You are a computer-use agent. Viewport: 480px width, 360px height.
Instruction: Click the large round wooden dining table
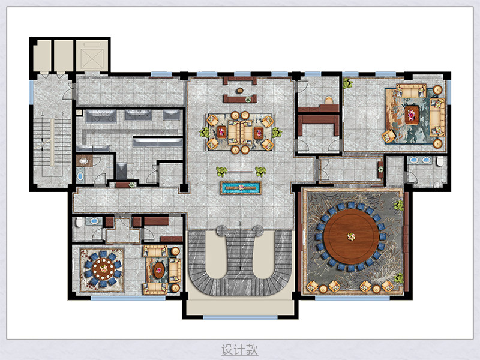tap(351, 236)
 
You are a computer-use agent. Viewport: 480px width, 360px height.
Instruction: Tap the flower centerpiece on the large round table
tap(351, 236)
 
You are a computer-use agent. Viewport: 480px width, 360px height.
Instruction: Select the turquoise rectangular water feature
tap(241, 188)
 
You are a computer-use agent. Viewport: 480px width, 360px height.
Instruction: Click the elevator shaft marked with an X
tap(92, 56)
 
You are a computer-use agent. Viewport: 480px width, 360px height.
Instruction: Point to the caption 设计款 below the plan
tap(239, 350)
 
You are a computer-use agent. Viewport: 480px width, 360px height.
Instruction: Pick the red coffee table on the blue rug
tap(412, 115)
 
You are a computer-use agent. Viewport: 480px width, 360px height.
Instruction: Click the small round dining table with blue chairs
tap(103, 269)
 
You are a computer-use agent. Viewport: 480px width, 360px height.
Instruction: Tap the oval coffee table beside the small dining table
tap(159, 270)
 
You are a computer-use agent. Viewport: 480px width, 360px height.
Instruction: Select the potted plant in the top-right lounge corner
tap(347, 83)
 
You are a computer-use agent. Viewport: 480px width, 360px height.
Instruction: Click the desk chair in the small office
tap(329, 100)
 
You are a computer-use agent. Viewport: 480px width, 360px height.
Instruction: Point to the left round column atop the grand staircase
tap(222, 230)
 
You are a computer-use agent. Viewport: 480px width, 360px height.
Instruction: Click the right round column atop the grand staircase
tap(258, 230)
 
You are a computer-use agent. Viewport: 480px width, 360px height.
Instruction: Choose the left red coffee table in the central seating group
tap(221, 132)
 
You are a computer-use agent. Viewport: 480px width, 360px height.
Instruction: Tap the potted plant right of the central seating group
tap(277, 133)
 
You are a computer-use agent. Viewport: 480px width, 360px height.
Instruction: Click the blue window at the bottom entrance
tap(241, 317)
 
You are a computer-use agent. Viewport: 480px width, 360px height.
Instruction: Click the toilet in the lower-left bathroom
tap(79, 222)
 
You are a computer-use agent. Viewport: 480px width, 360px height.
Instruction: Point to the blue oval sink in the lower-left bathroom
tap(94, 221)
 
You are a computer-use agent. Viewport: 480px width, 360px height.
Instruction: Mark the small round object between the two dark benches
tap(239, 91)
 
